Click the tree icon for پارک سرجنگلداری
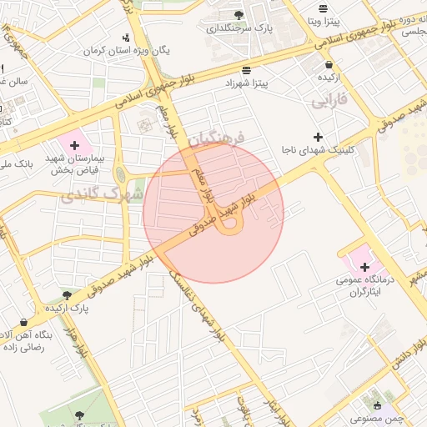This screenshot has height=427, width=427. [x=239, y=15]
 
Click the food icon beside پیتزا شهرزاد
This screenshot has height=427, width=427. [x=245, y=70]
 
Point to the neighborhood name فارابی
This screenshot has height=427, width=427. [x=329, y=103]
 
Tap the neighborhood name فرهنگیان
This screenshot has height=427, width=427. [x=214, y=138]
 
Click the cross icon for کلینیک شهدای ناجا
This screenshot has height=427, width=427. [x=317, y=137]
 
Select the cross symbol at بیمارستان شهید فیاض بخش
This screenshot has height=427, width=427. [x=75, y=145]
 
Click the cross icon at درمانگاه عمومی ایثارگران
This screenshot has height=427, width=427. [x=364, y=267]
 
